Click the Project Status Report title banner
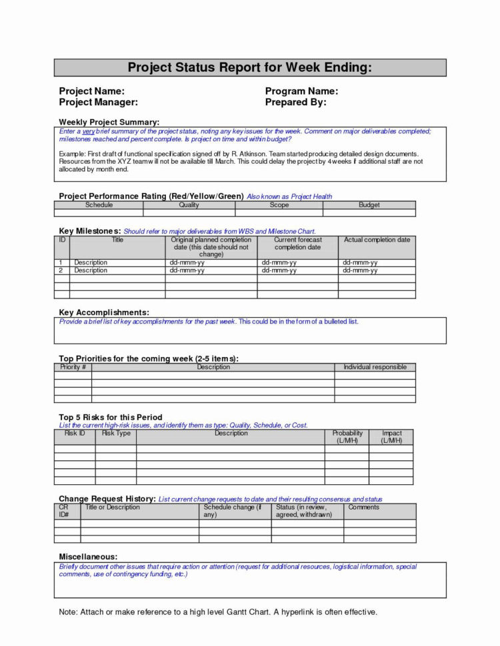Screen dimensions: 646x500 250,67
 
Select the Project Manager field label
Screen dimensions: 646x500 99,103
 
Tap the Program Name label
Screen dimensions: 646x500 301,91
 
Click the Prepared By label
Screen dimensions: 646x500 295,103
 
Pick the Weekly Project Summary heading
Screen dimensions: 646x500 109,123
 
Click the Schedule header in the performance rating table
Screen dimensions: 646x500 99,205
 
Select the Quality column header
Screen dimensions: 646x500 189,205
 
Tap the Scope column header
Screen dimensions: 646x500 279,205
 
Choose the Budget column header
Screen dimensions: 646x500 369,205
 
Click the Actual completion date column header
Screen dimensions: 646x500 377,240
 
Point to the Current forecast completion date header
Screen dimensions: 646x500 298,243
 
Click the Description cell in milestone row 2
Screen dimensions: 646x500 91,271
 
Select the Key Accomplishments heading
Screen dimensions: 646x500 104,312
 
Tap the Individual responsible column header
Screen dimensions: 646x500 375,367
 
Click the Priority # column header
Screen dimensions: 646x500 73,367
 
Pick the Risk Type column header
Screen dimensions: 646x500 116,434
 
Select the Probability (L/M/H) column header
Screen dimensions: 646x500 347,437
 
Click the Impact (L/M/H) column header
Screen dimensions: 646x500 391,437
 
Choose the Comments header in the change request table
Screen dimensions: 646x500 363,507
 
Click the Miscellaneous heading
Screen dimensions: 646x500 88,556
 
